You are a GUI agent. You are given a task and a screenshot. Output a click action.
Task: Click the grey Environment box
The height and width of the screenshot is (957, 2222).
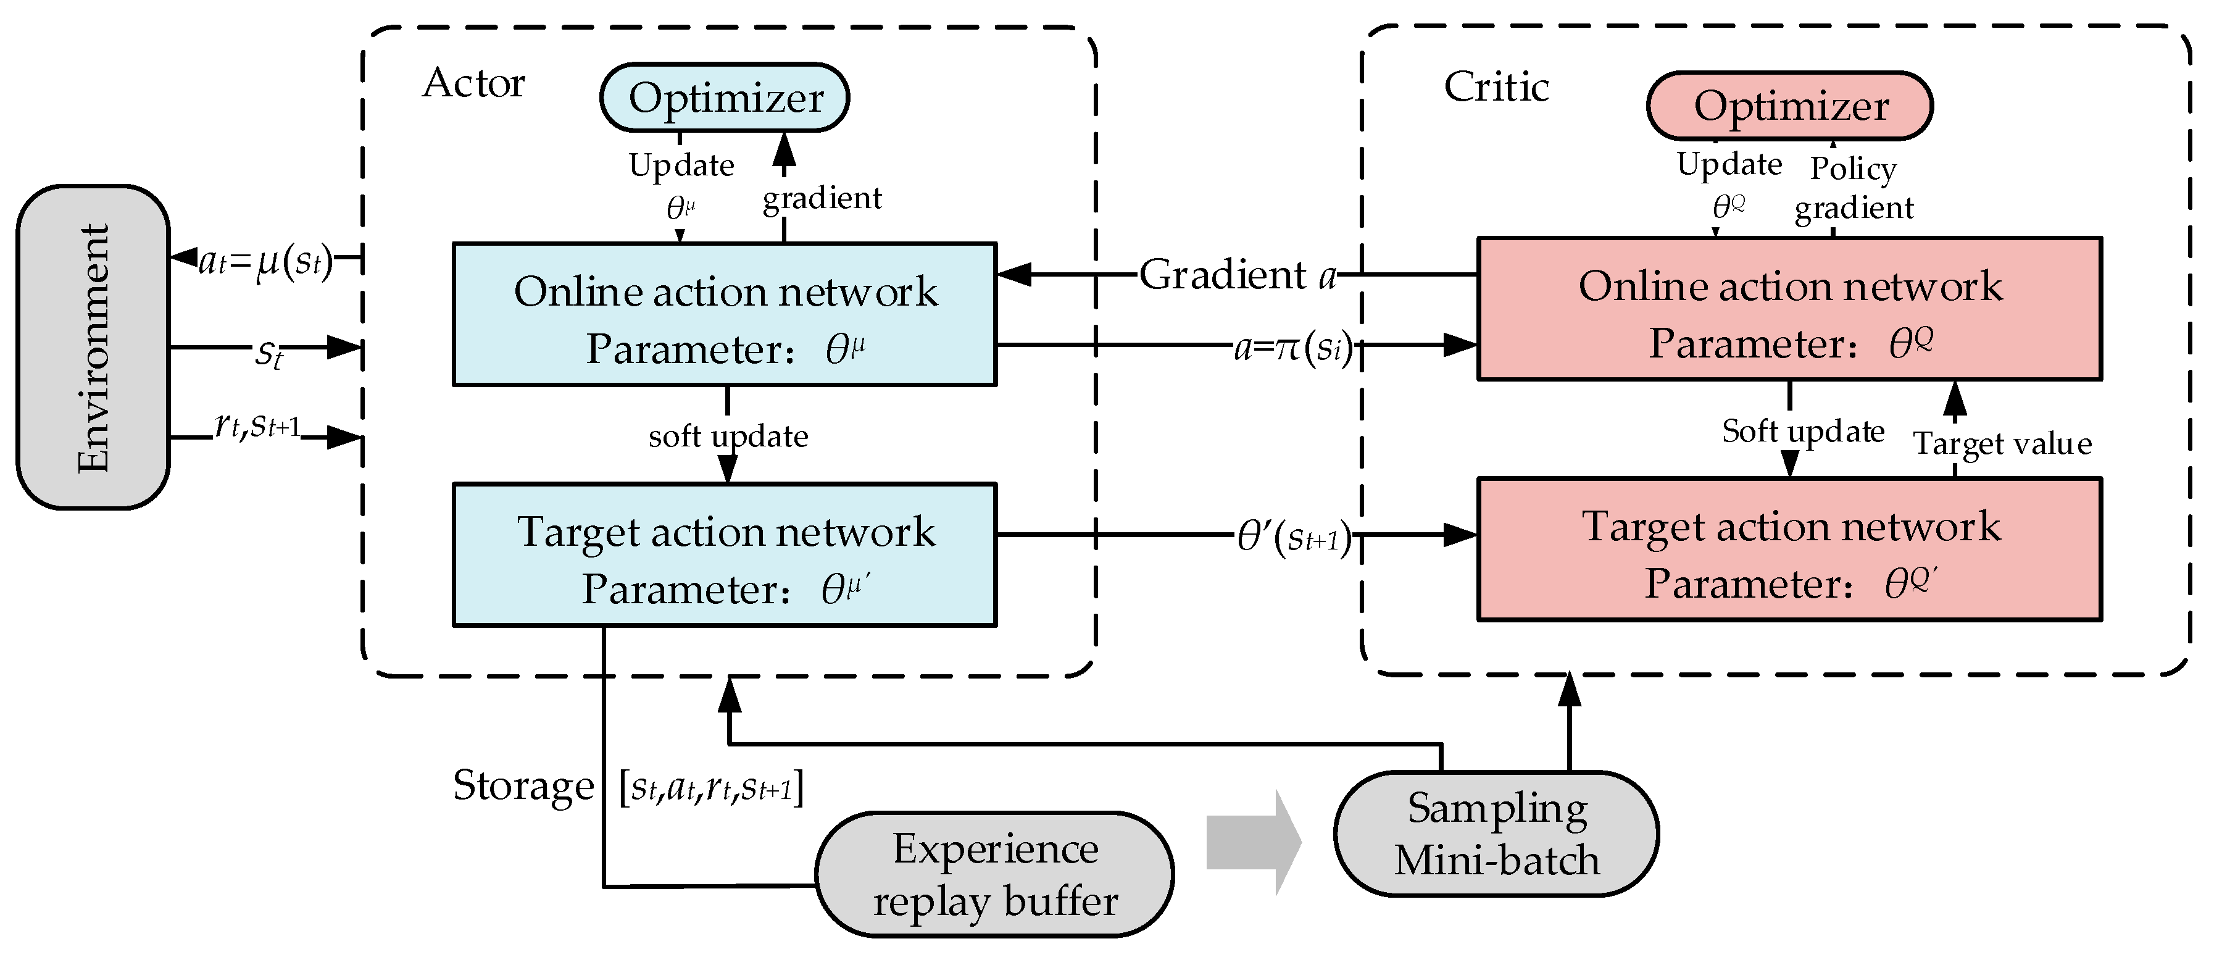point(93,347)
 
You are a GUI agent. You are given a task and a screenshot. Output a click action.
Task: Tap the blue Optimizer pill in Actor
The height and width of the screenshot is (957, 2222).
point(725,98)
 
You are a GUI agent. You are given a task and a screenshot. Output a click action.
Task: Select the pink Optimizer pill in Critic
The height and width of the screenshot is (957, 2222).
point(1790,106)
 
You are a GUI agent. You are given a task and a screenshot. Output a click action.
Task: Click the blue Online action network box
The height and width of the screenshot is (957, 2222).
point(725,315)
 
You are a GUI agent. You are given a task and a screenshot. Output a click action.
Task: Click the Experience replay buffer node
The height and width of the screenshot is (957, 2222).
point(994,874)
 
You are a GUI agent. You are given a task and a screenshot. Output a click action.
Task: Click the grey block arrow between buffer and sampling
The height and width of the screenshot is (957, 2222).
point(1252,842)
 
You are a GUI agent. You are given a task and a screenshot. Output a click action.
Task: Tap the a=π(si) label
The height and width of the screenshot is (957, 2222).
point(1292,347)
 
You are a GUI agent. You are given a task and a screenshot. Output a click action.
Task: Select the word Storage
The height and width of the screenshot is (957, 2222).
point(523,786)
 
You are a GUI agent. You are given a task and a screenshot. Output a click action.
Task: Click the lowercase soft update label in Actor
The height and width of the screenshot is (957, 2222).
point(728,436)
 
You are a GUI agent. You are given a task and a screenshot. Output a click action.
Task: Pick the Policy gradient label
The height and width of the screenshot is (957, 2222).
point(1853,188)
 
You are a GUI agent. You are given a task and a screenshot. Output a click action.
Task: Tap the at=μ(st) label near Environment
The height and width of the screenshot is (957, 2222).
point(265,259)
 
